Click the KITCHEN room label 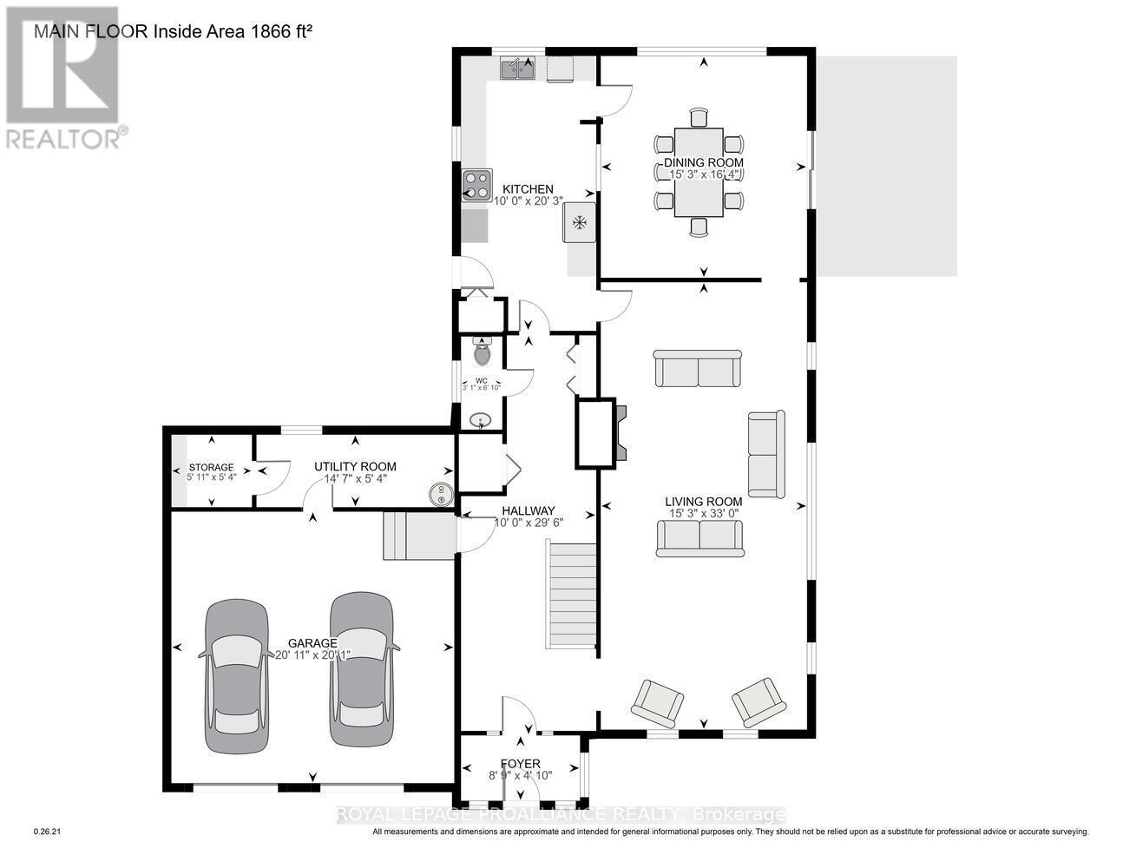528,189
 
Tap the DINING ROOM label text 703,162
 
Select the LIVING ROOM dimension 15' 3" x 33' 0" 703,513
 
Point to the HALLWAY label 525,511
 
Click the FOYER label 520,764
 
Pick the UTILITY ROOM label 355,467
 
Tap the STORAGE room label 211,467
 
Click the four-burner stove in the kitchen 476,185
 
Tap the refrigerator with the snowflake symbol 579,223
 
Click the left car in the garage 236,674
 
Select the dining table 699,172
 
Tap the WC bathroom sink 480,422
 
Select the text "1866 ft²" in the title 275,32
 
